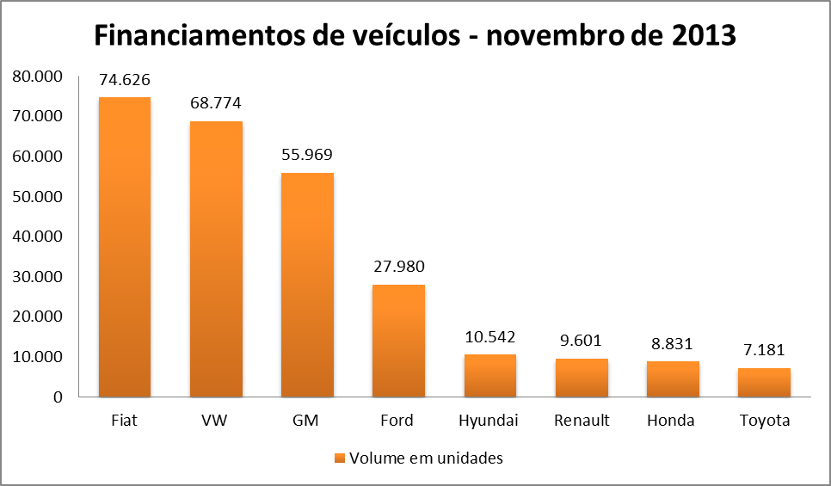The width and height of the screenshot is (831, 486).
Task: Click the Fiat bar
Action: [124, 247]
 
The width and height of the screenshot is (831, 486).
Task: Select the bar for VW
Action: [216, 259]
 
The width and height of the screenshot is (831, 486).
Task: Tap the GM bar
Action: [307, 285]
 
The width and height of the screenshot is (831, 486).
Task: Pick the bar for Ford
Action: [398, 341]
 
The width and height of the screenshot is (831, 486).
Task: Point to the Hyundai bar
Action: [489, 376]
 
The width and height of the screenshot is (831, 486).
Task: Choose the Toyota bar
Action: [764, 383]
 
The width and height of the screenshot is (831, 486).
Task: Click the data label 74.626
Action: [125, 81]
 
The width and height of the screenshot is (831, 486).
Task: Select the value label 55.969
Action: [307, 156]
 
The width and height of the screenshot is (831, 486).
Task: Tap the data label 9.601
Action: [582, 341]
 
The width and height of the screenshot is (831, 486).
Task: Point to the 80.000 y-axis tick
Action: [38, 77]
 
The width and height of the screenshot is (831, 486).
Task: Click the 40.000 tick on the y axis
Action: [38, 237]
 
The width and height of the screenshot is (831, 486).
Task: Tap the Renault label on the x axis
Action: [582, 421]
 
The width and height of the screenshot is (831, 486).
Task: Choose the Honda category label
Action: [673, 421]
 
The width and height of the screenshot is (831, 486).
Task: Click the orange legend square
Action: [340, 458]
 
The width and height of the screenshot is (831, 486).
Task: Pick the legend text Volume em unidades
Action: [426, 458]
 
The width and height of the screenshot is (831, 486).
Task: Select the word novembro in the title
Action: [545, 36]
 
